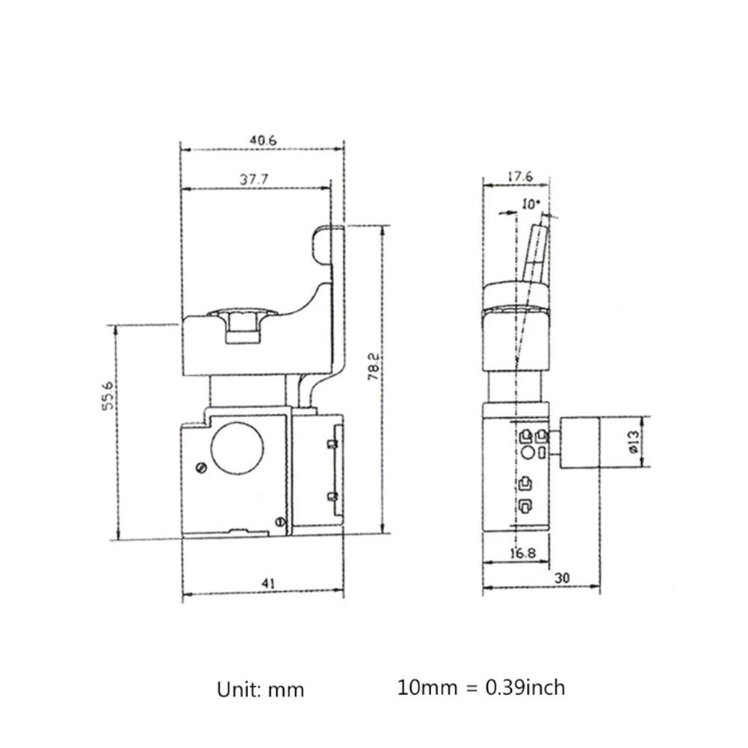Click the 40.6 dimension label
(x=262, y=139)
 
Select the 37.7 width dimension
(x=254, y=179)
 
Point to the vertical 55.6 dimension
(x=109, y=395)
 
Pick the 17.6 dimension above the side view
(x=518, y=177)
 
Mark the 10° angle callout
(x=531, y=203)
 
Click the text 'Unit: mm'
(x=261, y=688)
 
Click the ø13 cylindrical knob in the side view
(x=579, y=443)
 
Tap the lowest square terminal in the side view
(x=525, y=505)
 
